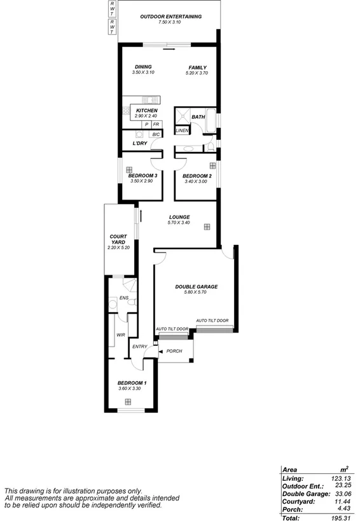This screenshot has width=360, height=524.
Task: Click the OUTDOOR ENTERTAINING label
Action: (x=171, y=17)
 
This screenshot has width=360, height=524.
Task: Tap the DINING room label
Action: (x=143, y=67)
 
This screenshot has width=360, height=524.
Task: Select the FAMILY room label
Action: (x=197, y=68)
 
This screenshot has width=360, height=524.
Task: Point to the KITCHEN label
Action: (x=146, y=111)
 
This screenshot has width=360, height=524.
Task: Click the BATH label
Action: (x=198, y=116)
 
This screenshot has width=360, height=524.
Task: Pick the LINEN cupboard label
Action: (x=182, y=130)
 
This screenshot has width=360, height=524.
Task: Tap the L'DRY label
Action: (x=141, y=144)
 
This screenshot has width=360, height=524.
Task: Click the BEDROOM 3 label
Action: (x=143, y=176)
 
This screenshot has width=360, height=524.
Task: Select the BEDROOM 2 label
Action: (x=197, y=176)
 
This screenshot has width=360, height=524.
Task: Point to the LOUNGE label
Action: (x=179, y=217)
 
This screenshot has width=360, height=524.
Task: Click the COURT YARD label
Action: (x=118, y=240)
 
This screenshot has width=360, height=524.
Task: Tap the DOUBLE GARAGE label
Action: (x=197, y=287)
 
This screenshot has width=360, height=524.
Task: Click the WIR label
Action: (x=120, y=334)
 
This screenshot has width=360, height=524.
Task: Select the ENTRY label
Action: (x=139, y=347)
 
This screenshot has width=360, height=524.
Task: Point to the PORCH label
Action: (x=174, y=351)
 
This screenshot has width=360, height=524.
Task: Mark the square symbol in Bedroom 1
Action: (x=128, y=401)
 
